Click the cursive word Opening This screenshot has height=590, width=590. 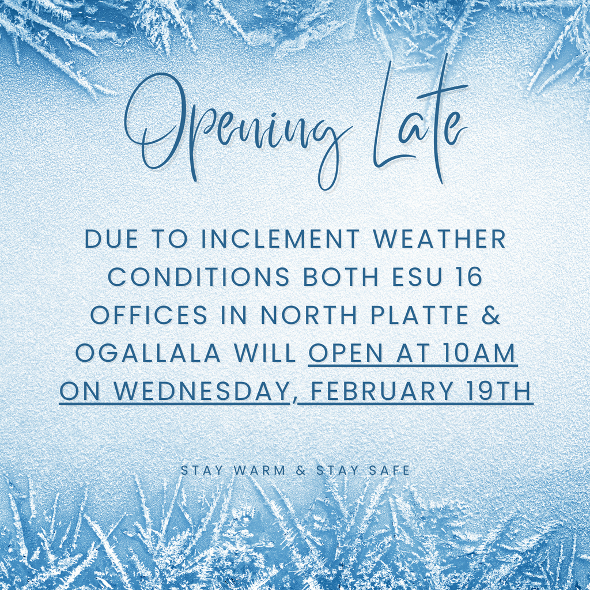click(236, 130)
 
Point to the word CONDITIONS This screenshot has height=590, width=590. click(199, 278)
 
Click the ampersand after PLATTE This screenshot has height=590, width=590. click(491, 316)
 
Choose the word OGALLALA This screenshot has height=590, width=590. click(147, 354)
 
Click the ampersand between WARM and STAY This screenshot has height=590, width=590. click(300, 471)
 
